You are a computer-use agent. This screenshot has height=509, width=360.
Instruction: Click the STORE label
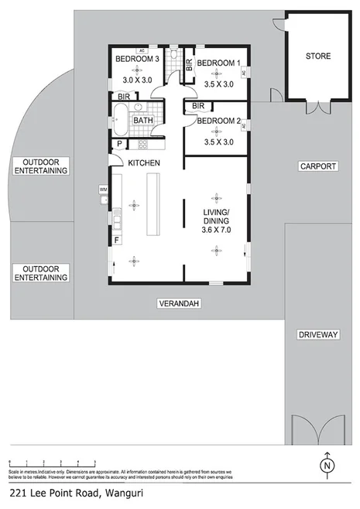click(317, 56)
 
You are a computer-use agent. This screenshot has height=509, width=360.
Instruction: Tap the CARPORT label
click(317, 166)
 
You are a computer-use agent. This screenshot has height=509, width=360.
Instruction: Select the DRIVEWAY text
click(317, 335)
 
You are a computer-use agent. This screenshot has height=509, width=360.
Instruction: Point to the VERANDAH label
click(179, 304)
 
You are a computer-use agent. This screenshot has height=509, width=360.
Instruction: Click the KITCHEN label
click(143, 163)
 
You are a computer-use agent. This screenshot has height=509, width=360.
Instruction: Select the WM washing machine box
click(103, 189)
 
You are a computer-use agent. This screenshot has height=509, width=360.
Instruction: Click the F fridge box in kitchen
click(117, 240)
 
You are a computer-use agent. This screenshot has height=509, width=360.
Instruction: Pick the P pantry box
click(119, 144)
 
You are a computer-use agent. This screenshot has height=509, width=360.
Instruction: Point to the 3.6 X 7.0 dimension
click(217, 230)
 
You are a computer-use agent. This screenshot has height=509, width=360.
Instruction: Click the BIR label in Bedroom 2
click(197, 106)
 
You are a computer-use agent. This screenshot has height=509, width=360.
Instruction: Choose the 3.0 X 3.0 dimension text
click(139, 79)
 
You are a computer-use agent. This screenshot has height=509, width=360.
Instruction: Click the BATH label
click(142, 121)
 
